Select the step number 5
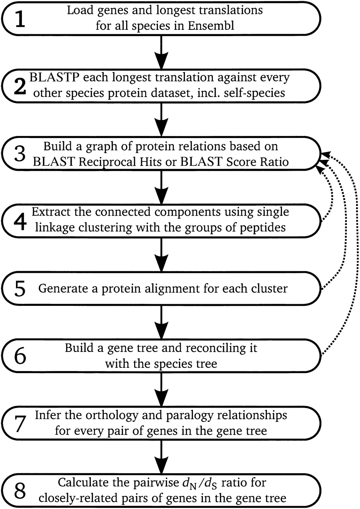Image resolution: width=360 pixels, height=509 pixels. point(20,288)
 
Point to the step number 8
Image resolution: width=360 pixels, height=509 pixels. point(20,489)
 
